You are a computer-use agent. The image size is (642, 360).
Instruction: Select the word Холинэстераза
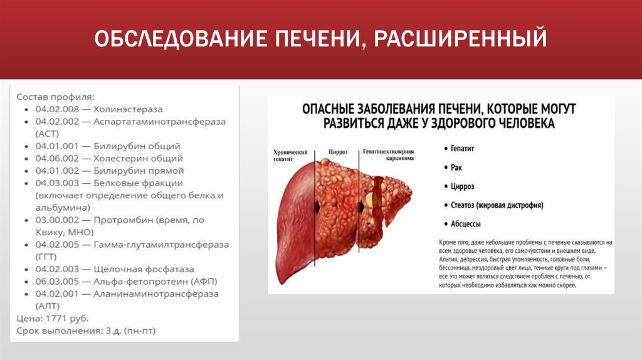pyautogui.click(x=128, y=109)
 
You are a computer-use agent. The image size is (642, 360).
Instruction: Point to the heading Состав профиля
pyautogui.click(x=55, y=97)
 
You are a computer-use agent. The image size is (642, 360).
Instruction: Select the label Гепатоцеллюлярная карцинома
pyautogui.click(x=388, y=156)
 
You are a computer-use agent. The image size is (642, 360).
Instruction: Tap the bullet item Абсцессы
pyautogui.click(x=466, y=224)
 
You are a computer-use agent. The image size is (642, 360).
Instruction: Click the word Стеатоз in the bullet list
pyautogui.click(x=463, y=205)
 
